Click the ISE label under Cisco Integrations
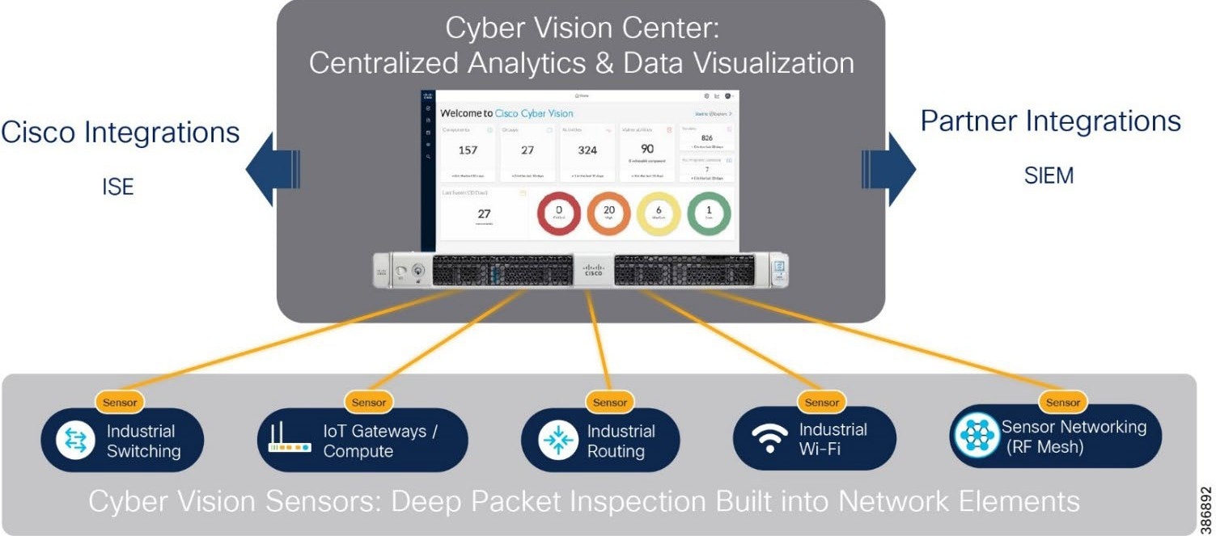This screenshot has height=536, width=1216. click(118, 188)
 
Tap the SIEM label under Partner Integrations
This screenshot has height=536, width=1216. click(1049, 175)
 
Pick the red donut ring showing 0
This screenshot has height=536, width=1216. click(558, 213)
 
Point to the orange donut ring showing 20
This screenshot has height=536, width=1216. click(608, 213)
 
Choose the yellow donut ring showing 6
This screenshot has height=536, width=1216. click(659, 213)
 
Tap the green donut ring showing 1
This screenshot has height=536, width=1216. click(709, 213)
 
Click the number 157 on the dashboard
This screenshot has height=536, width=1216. click(468, 150)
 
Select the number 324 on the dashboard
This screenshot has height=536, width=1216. click(587, 150)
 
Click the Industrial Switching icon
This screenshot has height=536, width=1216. click(75, 441)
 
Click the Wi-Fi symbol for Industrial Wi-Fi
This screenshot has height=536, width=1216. click(769, 439)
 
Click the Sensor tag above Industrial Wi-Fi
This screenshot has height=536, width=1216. click(822, 402)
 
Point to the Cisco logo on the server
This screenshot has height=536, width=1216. click(593, 269)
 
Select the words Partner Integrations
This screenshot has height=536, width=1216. click(1050, 121)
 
